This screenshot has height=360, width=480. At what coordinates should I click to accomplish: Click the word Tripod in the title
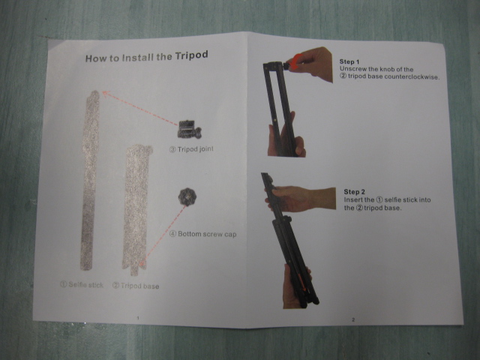click(192, 55)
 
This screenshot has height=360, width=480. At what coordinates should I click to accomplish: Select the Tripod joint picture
click(190, 130)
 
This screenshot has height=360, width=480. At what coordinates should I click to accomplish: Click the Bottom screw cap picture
click(187, 196)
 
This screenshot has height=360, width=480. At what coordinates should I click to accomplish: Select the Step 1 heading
click(349, 61)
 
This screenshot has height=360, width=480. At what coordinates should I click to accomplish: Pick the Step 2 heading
click(354, 192)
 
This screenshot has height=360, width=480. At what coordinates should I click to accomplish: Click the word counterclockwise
click(412, 76)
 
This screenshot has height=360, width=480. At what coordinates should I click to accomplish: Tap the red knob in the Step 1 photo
click(295, 62)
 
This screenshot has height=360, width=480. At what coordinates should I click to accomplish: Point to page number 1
click(138, 318)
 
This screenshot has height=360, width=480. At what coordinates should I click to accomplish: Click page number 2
click(353, 319)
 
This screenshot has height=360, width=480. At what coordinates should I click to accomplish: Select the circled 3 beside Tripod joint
click(172, 150)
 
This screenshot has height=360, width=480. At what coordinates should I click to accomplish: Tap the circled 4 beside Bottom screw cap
click(173, 234)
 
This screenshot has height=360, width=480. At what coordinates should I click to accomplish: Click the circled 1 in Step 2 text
click(379, 200)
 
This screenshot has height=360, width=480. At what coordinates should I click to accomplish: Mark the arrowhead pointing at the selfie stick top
click(105, 93)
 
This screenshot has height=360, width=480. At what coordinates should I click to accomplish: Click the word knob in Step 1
click(387, 69)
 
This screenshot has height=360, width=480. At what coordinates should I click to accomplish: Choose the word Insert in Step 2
click(352, 200)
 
